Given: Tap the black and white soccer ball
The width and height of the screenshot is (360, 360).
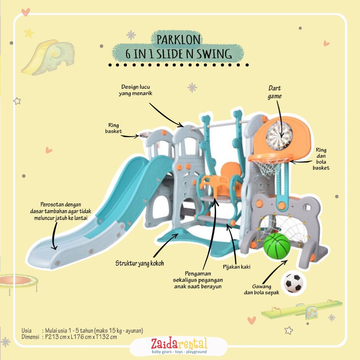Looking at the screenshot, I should click(x=293, y=283).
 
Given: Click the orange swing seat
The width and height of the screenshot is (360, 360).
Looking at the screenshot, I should click(x=222, y=183).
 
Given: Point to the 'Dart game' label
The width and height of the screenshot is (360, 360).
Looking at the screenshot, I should click(x=274, y=92).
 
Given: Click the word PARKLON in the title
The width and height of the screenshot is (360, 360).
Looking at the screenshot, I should click(x=179, y=40).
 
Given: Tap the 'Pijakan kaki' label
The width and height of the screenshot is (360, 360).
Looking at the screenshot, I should click(x=237, y=267).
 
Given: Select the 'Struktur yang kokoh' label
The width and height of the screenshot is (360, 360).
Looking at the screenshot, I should click(x=139, y=263).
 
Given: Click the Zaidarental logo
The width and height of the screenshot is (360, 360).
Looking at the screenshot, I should click(x=179, y=344).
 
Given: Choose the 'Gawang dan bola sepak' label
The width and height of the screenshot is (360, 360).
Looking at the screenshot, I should click(x=262, y=289).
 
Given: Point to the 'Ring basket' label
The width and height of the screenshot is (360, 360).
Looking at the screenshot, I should click(x=114, y=128).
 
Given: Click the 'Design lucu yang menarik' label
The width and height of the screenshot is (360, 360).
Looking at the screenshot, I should click(x=136, y=90).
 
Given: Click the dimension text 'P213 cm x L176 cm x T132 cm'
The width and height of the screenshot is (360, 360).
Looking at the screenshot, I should click(x=81, y=337).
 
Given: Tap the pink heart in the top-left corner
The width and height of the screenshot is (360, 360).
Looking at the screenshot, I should click(x=26, y=12).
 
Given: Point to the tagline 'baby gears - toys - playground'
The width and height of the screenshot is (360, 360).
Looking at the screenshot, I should click(x=179, y=352).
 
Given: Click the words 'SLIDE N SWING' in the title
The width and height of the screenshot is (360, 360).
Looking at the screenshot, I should click(x=194, y=54).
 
